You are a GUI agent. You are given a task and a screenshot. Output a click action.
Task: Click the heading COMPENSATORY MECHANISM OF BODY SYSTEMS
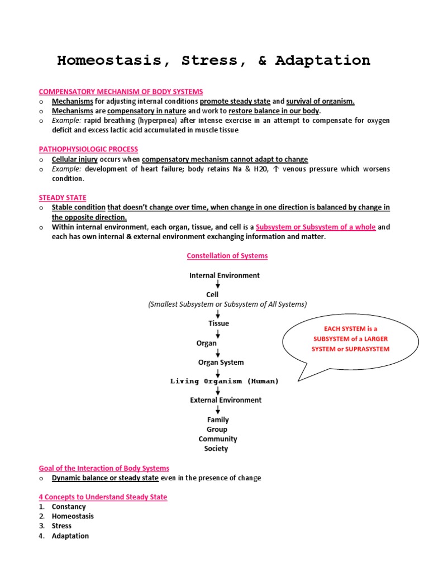pyautogui.click(x=121, y=91)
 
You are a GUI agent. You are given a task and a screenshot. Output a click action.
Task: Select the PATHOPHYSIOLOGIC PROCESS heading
pyautogui.click(x=88, y=149)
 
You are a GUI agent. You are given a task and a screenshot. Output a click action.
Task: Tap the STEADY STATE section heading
pyautogui.click(x=63, y=198)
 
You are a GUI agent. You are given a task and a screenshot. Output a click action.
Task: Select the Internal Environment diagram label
pyautogui.click(x=225, y=275)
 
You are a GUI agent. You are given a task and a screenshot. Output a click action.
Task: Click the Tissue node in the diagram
pyautogui.click(x=218, y=323)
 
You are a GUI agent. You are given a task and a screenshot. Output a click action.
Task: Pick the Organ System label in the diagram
pyautogui.click(x=221, y=362)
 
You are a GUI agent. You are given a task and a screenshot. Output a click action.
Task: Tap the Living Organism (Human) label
pyautogui.click(x=225, y=381)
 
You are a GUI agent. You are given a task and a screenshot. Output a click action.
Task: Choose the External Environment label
pyautogui.click(x=226, y=400)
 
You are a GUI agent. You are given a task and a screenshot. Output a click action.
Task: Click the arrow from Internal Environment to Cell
pyautogui.click(x=218, y=284)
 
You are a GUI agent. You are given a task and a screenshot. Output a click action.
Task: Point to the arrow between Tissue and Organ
pyautogui.click(x=218, y=333)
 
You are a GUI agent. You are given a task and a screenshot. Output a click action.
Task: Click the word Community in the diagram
pyautogui.click(x=218, y=439)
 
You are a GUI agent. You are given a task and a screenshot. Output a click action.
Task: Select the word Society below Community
pyautogui.click(x=217, y=449)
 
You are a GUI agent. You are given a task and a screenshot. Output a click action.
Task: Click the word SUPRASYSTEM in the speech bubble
pyautogui.click(x=370, y=349)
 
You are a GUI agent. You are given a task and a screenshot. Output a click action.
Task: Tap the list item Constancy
pyautogui.click(x=69, y=507)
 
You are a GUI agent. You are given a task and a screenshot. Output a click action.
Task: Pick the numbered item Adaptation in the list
pyautogui.click(x=70, y=536)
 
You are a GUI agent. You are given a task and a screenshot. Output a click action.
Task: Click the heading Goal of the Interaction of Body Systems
pyautogui.click(x=104, y=468)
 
